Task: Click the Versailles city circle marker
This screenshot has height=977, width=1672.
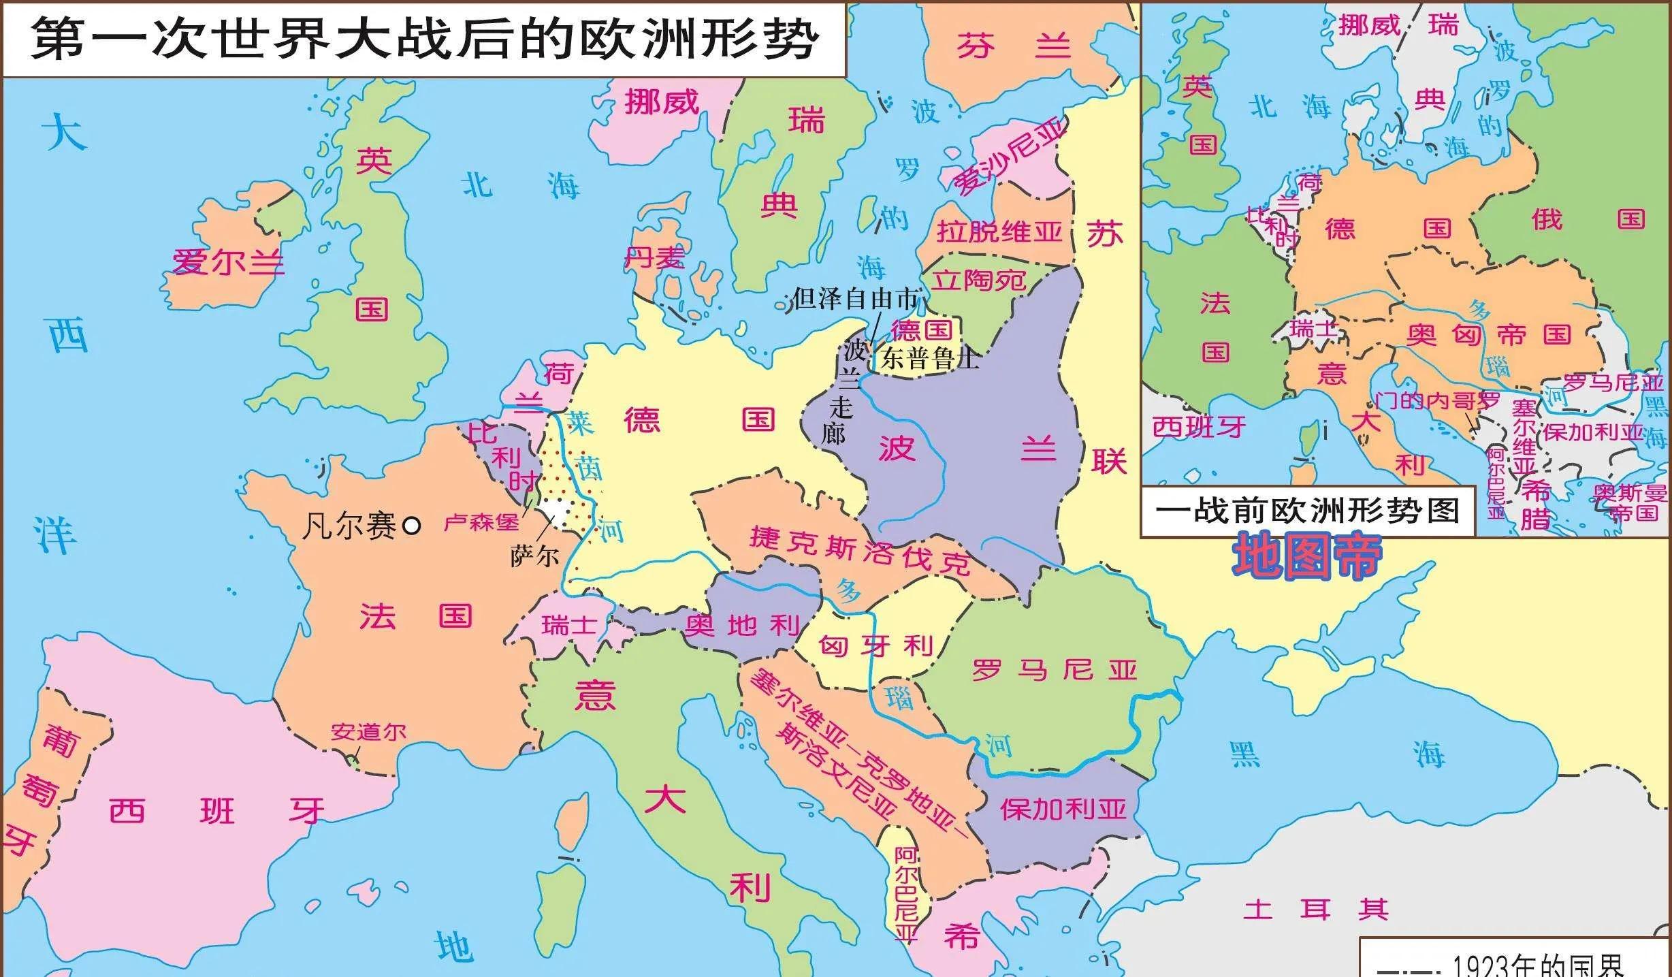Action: coord(412,526)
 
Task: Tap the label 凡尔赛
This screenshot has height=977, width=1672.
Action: coord(349,526)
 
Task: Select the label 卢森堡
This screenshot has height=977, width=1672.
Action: coord(481,523)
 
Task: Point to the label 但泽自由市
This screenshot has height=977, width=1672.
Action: coord(856,298)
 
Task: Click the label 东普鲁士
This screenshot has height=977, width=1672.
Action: coord(930,359)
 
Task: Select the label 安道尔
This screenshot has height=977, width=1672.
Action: coord(368,733)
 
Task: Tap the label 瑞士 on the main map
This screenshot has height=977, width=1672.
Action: coord(569,625)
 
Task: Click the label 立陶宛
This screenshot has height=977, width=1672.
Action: coord(979,280)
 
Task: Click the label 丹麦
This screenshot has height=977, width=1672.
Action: coord(654,258)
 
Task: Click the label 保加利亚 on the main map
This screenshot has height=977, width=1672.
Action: coord(1063,810)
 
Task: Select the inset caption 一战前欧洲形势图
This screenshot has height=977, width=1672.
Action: coord(1307,511)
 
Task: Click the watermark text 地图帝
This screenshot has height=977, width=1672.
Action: coord(1307,557)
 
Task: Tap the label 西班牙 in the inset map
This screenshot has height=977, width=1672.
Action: coord(1199,428)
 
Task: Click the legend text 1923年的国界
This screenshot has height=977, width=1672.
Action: coord(1539,965)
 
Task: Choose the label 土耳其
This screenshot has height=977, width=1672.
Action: coord(1315,909)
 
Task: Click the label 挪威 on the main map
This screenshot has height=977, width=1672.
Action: coord(662,103)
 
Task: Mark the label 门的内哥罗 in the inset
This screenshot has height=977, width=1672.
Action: coord(1436,402)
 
